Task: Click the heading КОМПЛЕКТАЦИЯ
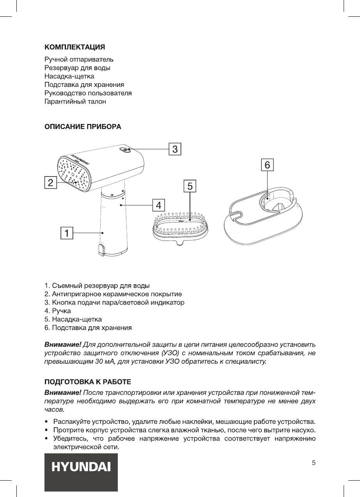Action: point(74,47)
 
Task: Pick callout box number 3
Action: point(175,149)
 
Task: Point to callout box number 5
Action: point(190,187)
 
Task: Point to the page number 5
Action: point(314,463)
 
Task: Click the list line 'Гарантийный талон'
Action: point(75,102)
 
